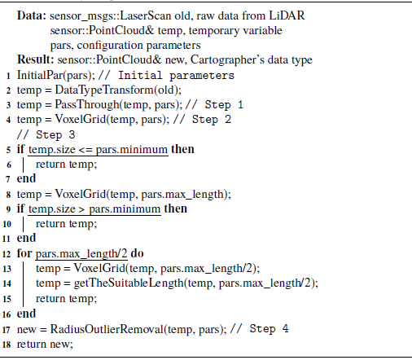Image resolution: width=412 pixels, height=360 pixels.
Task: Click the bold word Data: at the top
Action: click(x=32, y=15)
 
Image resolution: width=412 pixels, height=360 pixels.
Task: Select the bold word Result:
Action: click(x=36, y=59)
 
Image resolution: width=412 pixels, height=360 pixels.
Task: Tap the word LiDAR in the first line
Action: click(x=287, y=15)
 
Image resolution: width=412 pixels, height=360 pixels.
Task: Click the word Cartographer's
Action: click(x=227, y=60)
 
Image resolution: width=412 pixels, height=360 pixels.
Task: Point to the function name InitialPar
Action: click(x=40, y=75)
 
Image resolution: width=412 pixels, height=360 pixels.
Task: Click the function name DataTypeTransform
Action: click(x=105, y=90)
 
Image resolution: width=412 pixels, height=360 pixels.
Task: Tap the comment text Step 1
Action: click(x=224, y=105)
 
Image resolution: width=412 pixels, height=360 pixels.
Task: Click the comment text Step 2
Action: click(x=212, y=120)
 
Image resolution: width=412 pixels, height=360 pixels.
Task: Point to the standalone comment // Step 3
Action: click(x=46, y=134)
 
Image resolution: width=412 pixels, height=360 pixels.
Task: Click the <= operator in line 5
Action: click(x=85, y=150)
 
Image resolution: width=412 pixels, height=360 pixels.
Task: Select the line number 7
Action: click(x=8, y=179)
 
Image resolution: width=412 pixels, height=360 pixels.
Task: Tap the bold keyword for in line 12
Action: click(x=24, y=253)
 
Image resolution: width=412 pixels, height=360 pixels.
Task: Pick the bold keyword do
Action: click(x=137, y=253)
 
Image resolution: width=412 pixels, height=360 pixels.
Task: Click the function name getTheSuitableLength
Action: click(x=129, y=283)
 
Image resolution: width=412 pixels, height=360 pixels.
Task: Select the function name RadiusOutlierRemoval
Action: click(x=107, y=329)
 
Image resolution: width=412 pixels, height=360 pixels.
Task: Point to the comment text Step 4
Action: click(x=269, y=329)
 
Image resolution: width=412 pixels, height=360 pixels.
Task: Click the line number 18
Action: click(x=7, y=345)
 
